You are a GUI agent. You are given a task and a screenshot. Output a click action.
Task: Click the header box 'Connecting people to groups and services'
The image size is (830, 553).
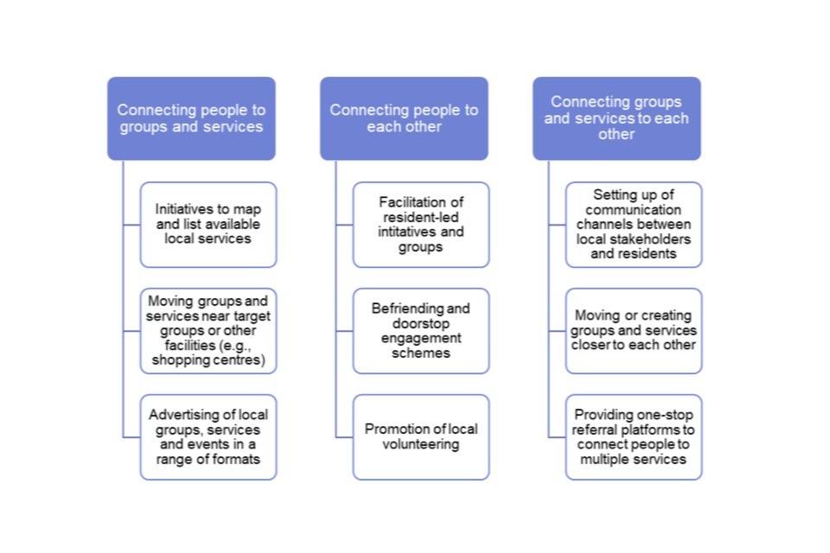pyautogui.click(x=191, y=118)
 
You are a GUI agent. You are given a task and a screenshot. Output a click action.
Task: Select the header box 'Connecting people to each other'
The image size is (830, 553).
pyautogui.click(x=404, y=118)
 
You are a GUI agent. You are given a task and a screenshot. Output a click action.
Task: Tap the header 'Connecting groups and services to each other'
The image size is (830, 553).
pyautogui.click(x=616, y=118)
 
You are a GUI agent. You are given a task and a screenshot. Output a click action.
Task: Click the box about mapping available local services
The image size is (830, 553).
pyautogui.click(x=208, y=225)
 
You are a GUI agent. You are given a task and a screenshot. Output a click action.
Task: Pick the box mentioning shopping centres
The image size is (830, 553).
pyautogui.click(x=208, y=331)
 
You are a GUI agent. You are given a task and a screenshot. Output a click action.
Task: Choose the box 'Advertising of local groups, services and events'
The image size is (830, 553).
pyautogui.click(x=208, y=437)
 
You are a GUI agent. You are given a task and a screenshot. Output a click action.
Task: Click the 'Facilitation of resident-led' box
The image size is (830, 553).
pyautogui.click(x=421, y=225)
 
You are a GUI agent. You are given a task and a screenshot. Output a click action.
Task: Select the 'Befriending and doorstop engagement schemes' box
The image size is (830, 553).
pyautogui.click(x=421, y=331)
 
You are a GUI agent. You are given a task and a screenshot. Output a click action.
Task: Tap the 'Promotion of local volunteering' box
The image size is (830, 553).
pyautogui.click(x=421, y=437)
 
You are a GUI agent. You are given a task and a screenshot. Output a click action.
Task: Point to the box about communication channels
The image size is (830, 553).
pyautogui.click(x=634, y=225)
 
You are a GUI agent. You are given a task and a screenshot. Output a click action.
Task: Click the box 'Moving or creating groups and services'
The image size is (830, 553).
pyautogui.click(x=634, y=331)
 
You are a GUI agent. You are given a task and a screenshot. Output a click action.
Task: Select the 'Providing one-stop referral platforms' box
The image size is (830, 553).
pyautogui.click(x=634, y=437)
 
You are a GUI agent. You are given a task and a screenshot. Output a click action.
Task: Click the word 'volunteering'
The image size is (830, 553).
pyautogui.click(x=421, y=444)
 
